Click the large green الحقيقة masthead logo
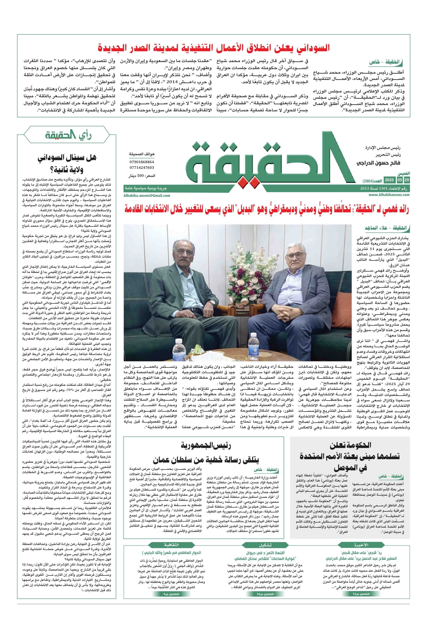tap(266, 164)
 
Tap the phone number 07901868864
tap(142, 162)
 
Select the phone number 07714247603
tap(142, 167)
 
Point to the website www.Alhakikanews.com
tap(389, 194)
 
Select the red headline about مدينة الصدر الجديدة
tap(214, 48)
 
